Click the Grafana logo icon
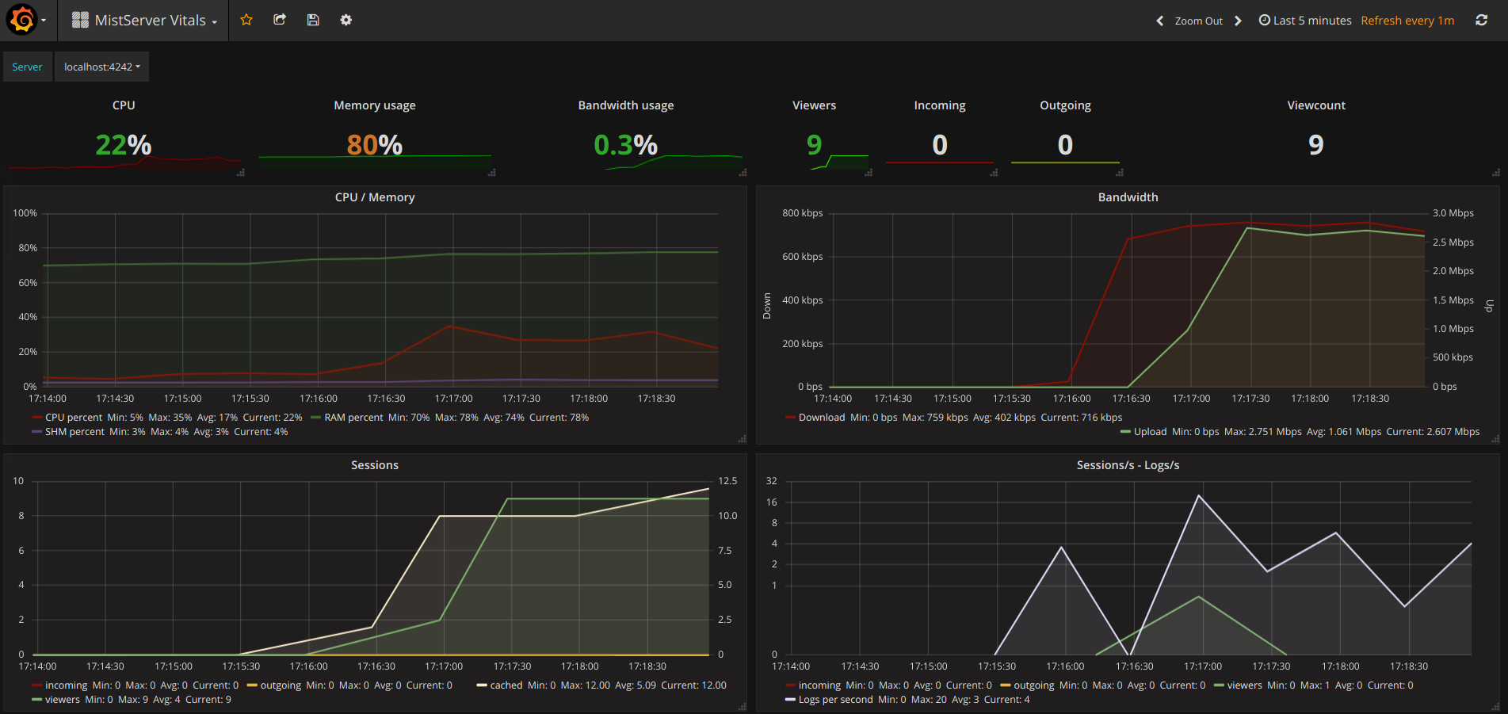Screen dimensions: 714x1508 (x=22, y=20)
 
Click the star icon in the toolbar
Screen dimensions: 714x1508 (x=246, y=20)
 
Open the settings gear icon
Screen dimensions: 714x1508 (x=346, y=20)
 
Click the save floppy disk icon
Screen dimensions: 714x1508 (x=313, y=20)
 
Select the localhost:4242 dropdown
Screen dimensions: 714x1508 (x=101, y=67)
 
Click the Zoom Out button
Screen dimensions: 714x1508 (x=1198, y=21)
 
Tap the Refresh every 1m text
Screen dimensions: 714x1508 (x=1407, y=21)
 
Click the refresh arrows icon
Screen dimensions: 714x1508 (x=1481, y=20)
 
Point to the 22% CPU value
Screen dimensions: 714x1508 (x=124, y=145)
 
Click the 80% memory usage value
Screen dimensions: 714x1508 (x=375, y=145)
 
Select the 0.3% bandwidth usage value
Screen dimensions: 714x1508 (x=626, y=145)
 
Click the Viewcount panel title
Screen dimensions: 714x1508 (x=1316, y=105)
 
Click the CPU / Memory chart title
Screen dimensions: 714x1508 (x=375, y=197)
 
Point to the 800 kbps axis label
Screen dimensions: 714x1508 (x=802, y=213)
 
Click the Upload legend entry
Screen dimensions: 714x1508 (x=1150, y=432)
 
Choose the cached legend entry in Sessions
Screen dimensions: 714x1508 (x=506, y=685)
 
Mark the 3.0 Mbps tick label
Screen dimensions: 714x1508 (x=1453, y=213)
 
